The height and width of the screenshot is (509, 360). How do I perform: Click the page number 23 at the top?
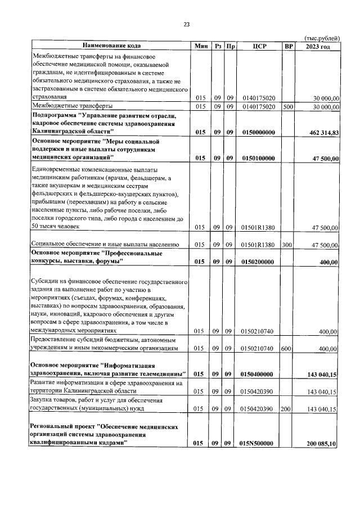pos(186,24)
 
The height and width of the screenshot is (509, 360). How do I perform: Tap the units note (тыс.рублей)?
pos(322,38)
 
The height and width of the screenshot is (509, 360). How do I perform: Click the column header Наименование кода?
pos(111,46)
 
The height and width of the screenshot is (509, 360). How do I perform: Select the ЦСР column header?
pos(259,46)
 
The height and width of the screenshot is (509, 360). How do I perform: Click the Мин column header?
pos(201,46)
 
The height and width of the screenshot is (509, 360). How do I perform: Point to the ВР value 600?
pos(286,349)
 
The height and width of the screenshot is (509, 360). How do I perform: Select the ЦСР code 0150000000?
pos(259,133)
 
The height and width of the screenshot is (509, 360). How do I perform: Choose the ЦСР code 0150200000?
pos(259,262)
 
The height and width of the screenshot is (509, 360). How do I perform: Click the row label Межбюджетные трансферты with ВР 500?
pos(73,106)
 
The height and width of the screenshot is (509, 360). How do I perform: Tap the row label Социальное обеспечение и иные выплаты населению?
pos(105,245)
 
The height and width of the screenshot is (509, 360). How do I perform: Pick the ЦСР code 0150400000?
pos(259,373)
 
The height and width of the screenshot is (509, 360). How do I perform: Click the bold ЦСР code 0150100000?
pos(259,159)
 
